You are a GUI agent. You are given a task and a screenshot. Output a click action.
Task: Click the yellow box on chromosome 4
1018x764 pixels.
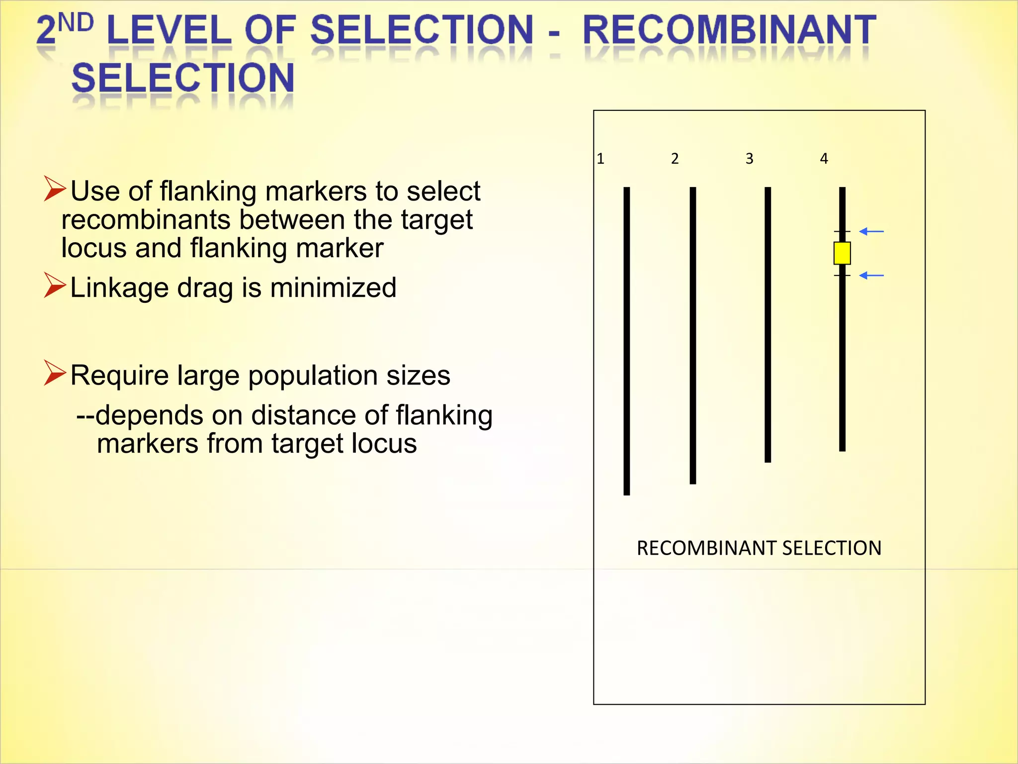pyautogui.click(x=842, y=253)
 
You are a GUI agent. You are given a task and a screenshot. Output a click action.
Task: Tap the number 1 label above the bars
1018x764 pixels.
pyautogui.click(x=600, y=159)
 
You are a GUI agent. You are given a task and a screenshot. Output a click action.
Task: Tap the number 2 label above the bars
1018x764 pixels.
pyautogui.click(x=675, y=159)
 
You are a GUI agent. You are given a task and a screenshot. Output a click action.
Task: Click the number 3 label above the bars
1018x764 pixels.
pyautogui.click(x=749, y=159)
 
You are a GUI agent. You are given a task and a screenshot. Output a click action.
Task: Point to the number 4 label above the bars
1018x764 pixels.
pyautogui.click(x=824, y=159)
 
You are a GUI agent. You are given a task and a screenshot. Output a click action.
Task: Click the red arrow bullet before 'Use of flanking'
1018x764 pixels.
pyautogui.click(x=54, y=189)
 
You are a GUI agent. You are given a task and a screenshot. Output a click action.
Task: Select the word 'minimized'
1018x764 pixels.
pyautogui.click(x=333, y=287)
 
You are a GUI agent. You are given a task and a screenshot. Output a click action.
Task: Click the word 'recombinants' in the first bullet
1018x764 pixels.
pyautogui.click(x=146, y=220)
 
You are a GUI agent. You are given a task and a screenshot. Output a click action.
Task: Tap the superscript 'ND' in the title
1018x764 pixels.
pyautogui.click(x=76, y=23)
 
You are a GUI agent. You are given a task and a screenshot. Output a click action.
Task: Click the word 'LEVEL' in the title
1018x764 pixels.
pyautogui.click(x=169, y=30)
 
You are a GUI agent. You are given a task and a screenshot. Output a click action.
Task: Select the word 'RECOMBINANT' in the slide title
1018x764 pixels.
pyautogui.click(x=729, y=30)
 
